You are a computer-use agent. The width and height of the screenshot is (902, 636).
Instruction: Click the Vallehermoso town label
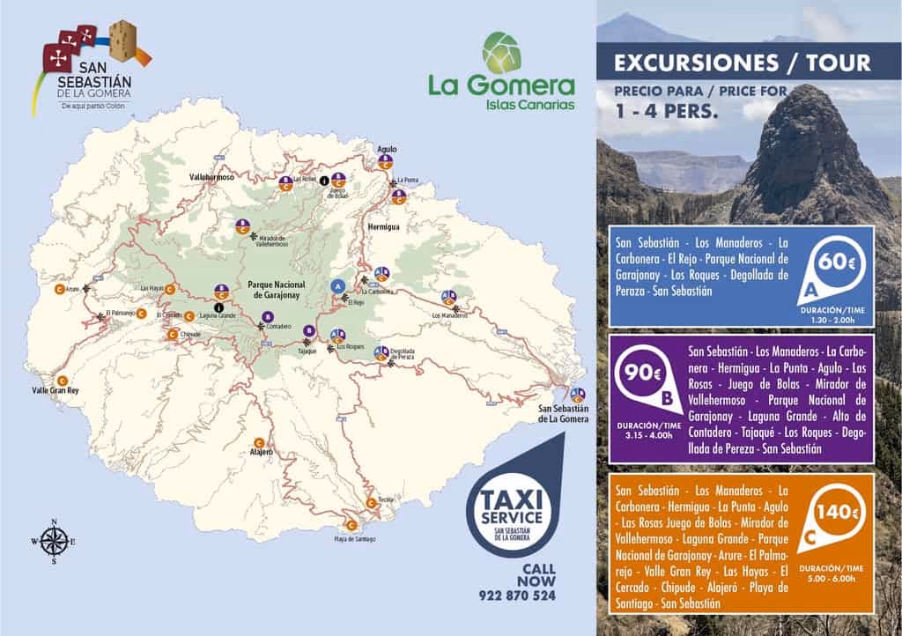(x=215, y=178)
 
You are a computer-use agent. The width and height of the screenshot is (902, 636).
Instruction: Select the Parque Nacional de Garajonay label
(x=277, y=292)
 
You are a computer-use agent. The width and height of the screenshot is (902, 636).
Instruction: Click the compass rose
(x=55, y=541)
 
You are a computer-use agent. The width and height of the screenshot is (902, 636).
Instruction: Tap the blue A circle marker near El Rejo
(x=336, y=286)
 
